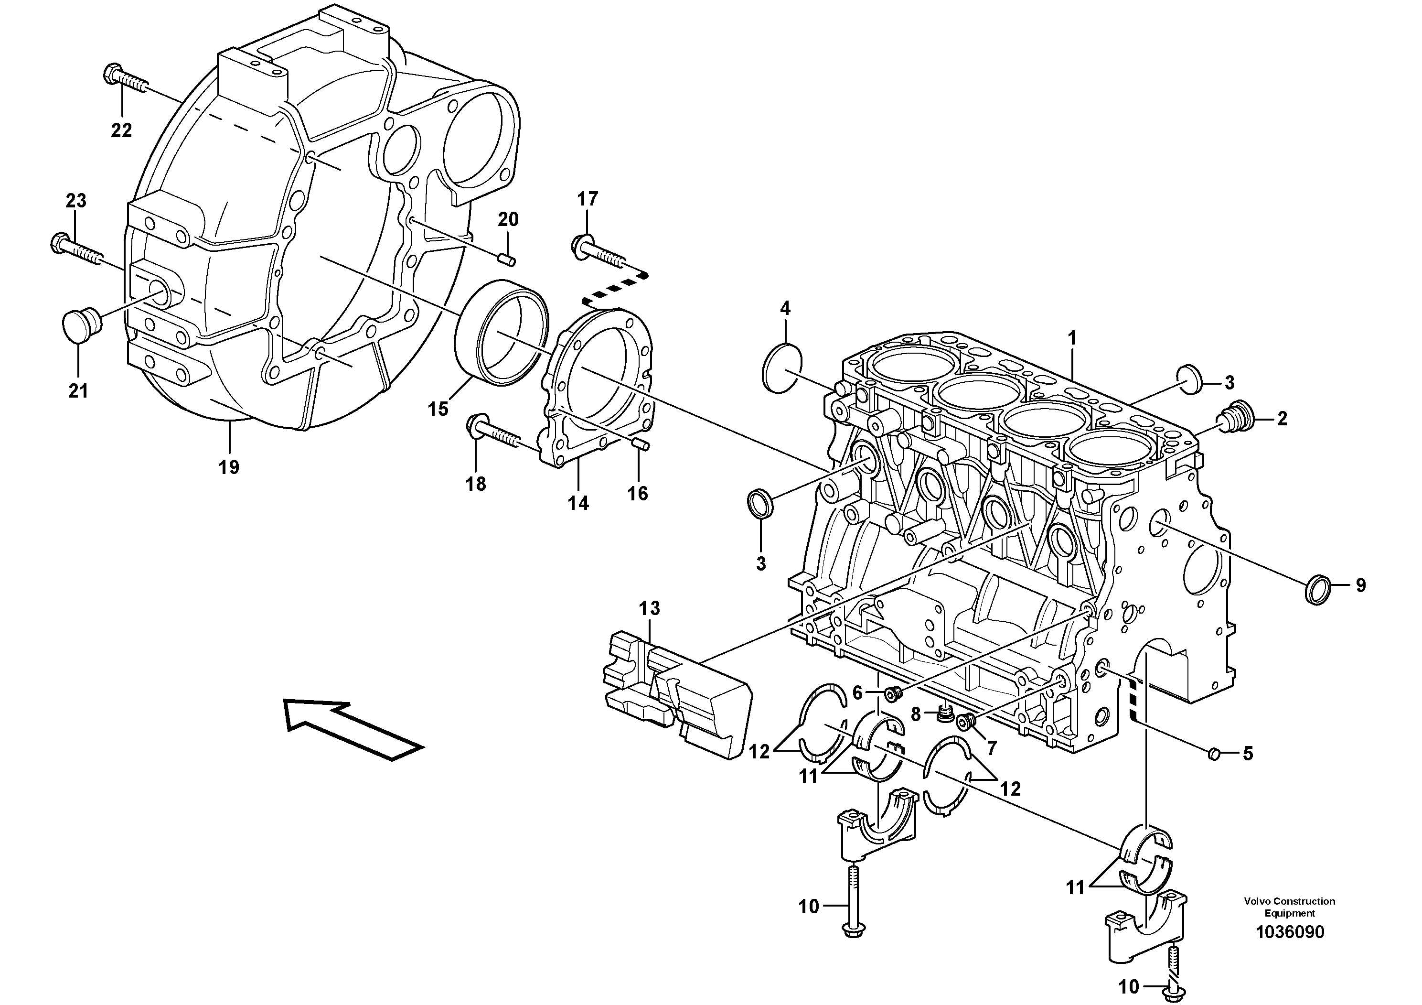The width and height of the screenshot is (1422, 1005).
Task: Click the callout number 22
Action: [121, 131]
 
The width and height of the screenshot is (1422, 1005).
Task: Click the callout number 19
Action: [228, 466]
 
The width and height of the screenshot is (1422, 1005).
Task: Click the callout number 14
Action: [578, 503]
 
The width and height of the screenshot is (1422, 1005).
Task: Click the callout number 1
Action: [1072, 338]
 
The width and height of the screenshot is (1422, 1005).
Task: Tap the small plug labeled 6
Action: [892, 694]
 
